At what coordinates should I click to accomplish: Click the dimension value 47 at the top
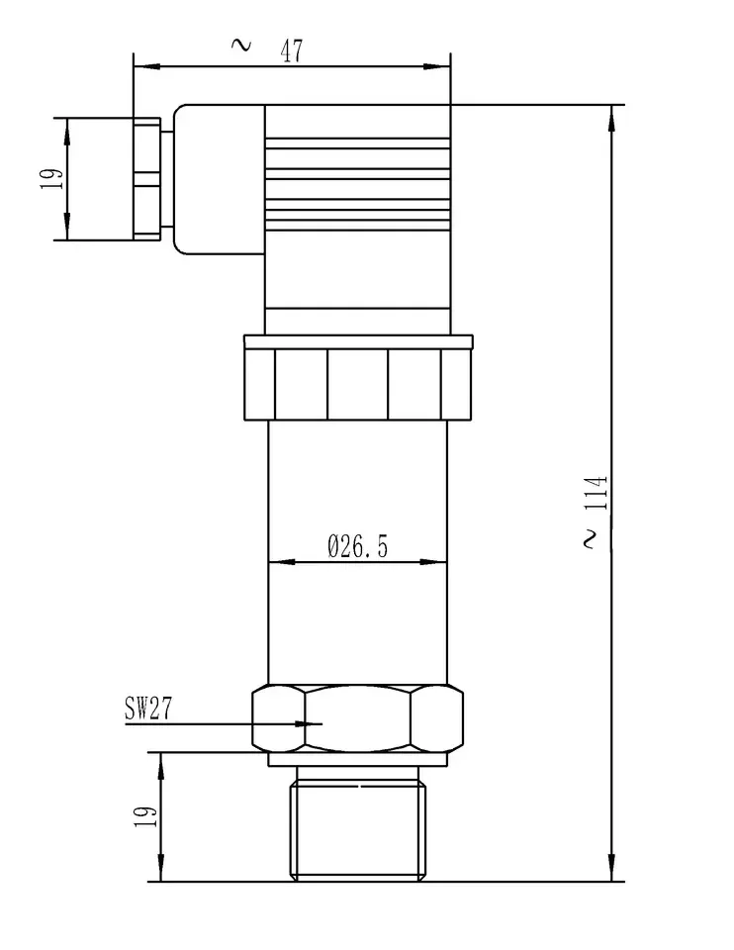click(x=291, y=50)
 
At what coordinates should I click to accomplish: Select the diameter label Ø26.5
click(x=357, y=546)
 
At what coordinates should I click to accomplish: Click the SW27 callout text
click(x=148, y=708)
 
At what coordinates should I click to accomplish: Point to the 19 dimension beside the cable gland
click(x=52, y=179)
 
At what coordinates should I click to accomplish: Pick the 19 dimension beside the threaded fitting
click(x=145, y=816)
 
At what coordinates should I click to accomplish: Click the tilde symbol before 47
click(x=241, y=45)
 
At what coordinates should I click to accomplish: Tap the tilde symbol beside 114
click(x=591, y=539)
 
